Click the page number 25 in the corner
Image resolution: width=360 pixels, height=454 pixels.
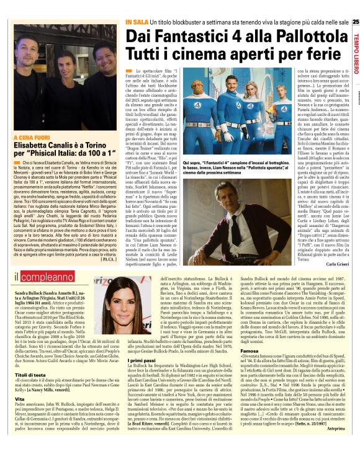coord(356,23)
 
